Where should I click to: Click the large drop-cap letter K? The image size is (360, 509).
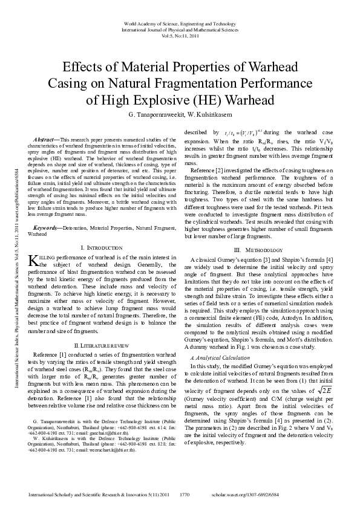[x=34, y=260]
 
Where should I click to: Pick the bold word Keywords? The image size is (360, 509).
[x=46, y=227]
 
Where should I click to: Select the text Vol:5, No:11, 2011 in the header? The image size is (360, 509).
[x=180, y=36]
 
